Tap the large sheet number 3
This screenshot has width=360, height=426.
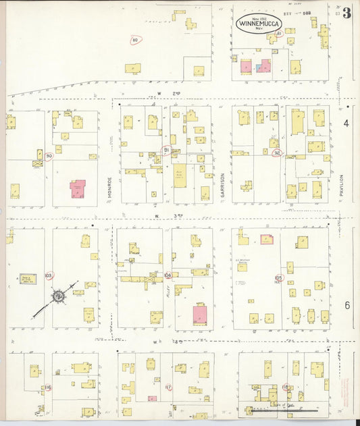tap(346, 13)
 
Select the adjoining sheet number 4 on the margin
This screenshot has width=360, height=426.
tap(346, 124)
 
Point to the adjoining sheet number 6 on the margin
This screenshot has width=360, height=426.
tap(346, 305)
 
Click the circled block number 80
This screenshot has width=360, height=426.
tap(135, 41)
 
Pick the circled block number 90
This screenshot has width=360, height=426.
tap(49, 156)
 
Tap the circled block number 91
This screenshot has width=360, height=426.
tap(165, 149)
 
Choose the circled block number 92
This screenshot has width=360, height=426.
tap(276, 153)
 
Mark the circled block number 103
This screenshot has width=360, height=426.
tap(48, 276)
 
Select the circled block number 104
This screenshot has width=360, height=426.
tap(168, 275)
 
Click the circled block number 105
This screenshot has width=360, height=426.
tap(278, 277)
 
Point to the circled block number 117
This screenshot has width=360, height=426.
tap(168, 388)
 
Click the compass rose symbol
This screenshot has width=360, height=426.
tap(59, 296)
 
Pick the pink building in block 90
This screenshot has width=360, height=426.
tap(78, 188)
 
